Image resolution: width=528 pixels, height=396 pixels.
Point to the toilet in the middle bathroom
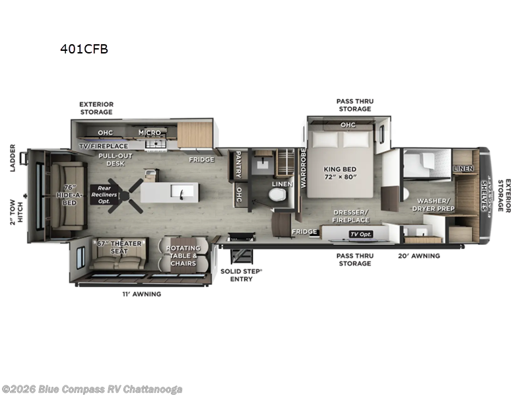277,195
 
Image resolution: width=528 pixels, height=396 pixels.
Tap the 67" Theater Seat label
119,248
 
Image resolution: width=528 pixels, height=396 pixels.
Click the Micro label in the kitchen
149,132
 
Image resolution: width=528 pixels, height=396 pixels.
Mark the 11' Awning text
142,294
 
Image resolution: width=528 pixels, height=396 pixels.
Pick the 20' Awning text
419,255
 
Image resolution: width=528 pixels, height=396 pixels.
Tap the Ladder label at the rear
13,158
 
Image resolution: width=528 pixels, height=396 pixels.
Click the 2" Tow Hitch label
16,213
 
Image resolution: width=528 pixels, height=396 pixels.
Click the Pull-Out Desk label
113,159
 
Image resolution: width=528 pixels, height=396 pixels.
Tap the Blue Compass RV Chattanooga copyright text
92,389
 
